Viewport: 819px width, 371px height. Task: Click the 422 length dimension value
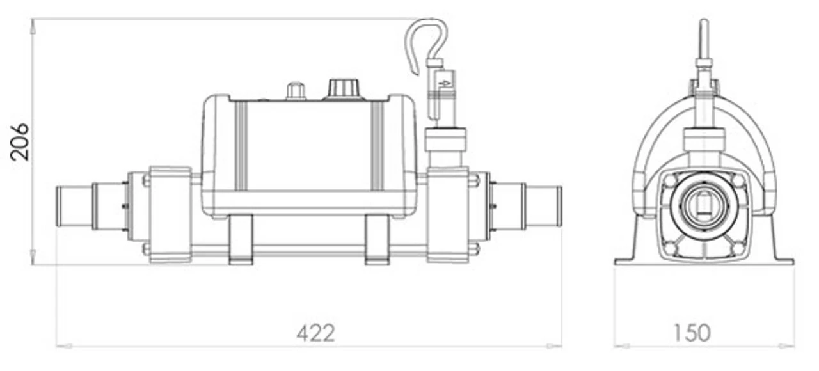[x=315, y=333]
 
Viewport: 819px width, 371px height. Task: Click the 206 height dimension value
[x=19, y=141]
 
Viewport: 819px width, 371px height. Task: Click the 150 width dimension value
[x=692, y=333]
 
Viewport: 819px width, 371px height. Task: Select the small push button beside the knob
[x=295, y=90]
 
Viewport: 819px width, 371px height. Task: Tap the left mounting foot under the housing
[x=241, y=239]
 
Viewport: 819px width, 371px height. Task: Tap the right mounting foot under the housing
[x=377, y=239]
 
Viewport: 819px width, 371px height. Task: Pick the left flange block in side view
[x=170, y=214]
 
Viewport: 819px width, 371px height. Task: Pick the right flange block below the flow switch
[x=447, y=214]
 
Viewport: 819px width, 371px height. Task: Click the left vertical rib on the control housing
[x=241, y=146]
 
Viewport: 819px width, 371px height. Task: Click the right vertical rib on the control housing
[x=378, y=146]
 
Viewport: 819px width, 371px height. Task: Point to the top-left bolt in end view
[x=669, y=181]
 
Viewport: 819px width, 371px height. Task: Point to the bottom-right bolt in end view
[x=738, y=248]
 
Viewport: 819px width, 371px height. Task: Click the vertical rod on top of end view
[x=704, y=38]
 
